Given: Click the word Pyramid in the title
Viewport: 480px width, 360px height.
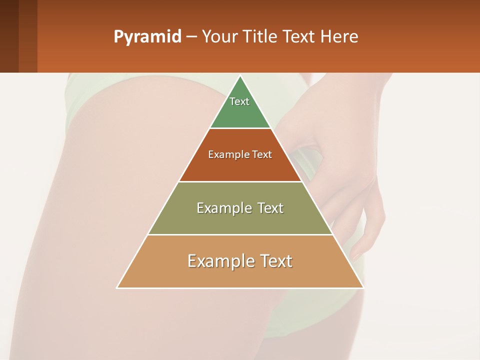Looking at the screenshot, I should click(147, 37).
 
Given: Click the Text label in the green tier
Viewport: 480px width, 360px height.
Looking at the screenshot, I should click(239, 101).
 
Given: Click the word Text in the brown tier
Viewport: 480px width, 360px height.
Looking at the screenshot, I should click(262, 155).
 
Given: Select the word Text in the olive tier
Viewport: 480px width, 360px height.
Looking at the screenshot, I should click(270, 208).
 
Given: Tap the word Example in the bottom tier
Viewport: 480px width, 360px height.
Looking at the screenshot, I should click(220, 261).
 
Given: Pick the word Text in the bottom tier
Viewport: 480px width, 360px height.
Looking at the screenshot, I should click(276, 261).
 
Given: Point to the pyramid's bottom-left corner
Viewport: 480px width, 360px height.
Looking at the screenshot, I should click(117, 287).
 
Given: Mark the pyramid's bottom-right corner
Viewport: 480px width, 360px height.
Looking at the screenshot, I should click(363, 287).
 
